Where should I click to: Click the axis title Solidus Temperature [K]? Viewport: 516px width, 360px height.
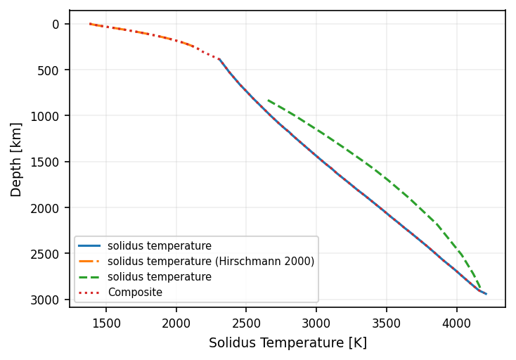[288, 343]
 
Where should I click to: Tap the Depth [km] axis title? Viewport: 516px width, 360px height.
[16, 159]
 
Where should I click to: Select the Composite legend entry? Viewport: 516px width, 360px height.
[135, 292]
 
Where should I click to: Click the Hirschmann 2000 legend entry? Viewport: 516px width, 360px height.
[211, 262]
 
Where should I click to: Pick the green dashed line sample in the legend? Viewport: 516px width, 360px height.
[90, 277]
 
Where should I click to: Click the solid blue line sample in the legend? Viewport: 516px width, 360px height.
[90, 246]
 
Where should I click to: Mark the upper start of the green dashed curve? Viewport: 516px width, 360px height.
[268, 100]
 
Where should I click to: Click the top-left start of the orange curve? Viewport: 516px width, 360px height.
[90, 24]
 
